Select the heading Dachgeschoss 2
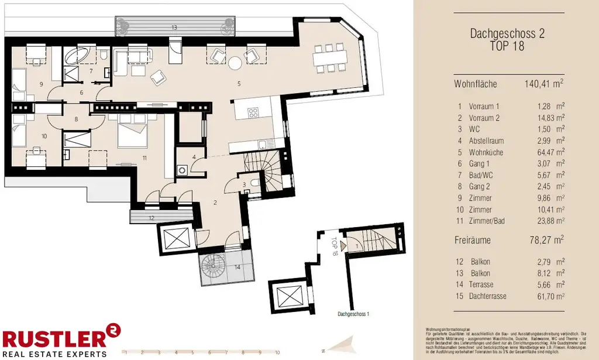point(507,34)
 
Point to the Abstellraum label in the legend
point(486,141)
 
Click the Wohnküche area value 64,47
point(546,152)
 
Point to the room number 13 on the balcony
point(174,28)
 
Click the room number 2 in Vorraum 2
point(215,203)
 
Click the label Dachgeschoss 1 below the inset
point(353,314)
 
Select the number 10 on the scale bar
point(277,353)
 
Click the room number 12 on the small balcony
point(151,218)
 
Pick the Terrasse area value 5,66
point(546,285)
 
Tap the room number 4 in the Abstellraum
point(194,157)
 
